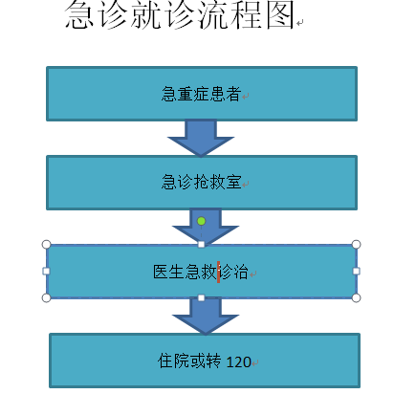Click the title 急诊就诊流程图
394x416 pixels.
point(179,15)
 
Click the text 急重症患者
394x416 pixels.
point(201,94)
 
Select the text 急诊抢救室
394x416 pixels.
point(201,183)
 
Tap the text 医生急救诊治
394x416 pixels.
point(201,272)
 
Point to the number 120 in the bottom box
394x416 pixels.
point(239,362)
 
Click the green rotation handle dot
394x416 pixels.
point(201,221)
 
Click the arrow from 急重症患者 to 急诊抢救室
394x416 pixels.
point(201,138)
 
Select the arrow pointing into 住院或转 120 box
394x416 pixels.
point(206,316)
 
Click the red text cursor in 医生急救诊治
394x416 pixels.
point(218,272)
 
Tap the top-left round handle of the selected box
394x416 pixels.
point(46,245)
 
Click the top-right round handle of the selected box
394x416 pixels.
point(356,245)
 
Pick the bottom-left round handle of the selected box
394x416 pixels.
point(46,297)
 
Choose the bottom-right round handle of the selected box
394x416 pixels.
point(356,297)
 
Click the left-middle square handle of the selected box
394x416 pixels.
point(46,271)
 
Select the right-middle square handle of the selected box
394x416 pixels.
point(356,271)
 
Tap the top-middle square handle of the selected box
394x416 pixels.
point(201,244)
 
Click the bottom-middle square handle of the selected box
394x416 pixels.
point(201,297)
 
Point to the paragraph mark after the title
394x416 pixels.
point(299,23)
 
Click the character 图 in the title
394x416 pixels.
point(280,15)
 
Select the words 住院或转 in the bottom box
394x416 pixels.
point(189,361)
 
